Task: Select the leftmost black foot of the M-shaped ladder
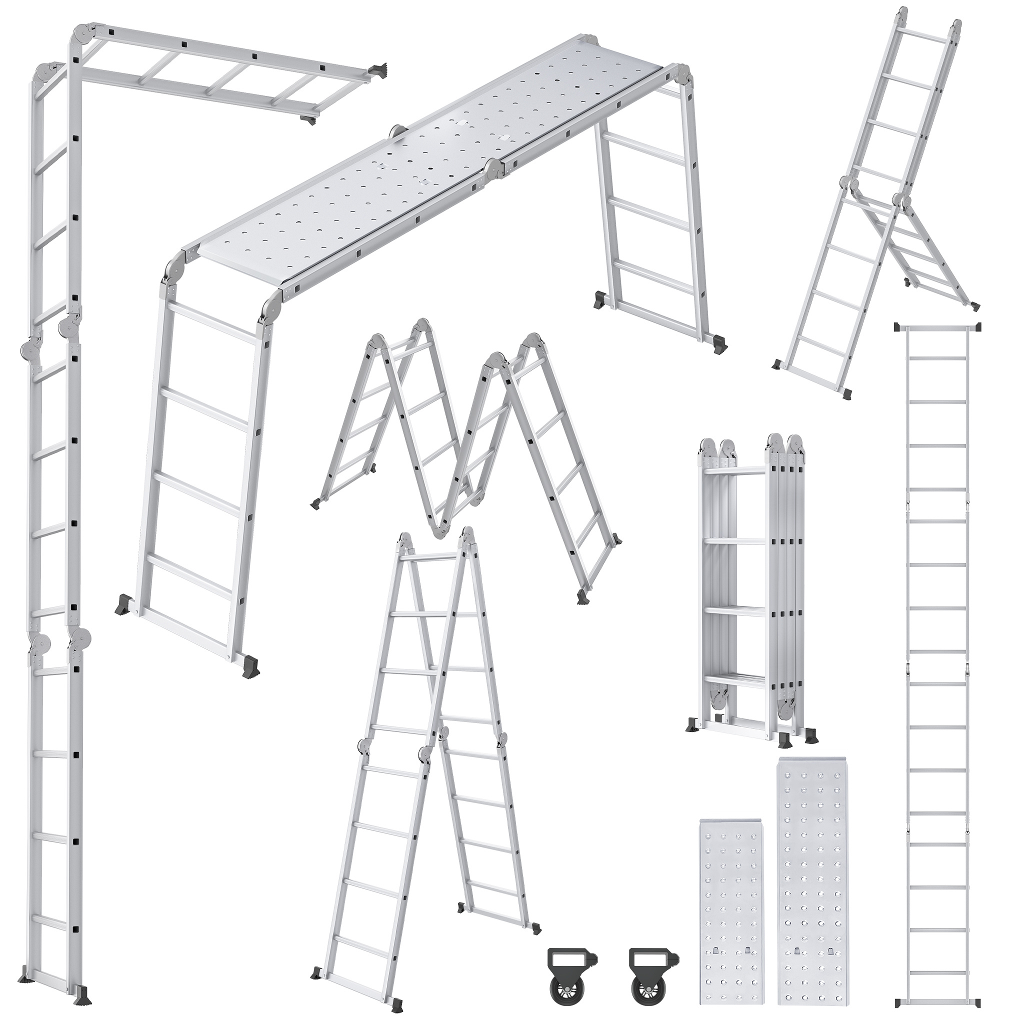click(x=316, y=502)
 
